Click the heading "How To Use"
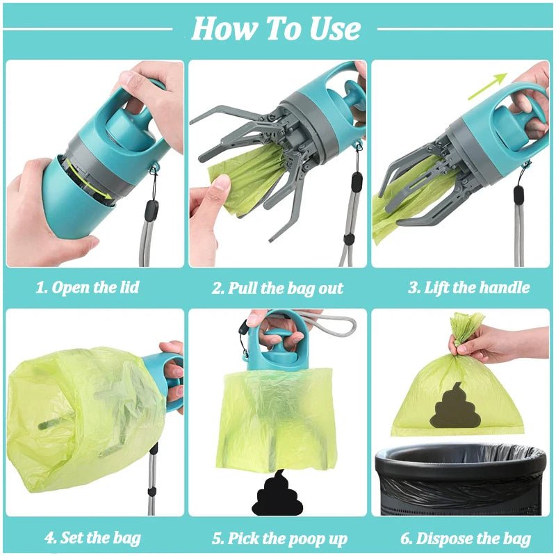tap(277, 28)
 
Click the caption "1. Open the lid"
tap(88, 288)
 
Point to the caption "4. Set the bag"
tap(93, 537)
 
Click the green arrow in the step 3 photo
tap(486, 88)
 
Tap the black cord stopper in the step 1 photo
tap(151, 209)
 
